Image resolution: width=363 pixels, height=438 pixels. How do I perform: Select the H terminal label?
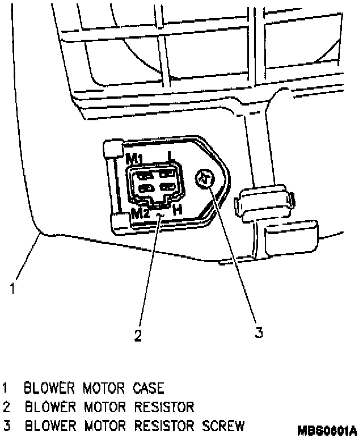[177, 209]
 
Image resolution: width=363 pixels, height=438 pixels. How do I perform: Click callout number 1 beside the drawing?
[11, 288]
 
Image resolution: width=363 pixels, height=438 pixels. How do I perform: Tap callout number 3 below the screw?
[259, 332]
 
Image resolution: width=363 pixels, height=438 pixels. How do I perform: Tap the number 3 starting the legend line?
[6, 425]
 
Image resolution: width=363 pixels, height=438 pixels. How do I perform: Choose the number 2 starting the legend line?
[6, 407]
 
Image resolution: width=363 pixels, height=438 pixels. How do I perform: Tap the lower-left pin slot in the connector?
[145, 187]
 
